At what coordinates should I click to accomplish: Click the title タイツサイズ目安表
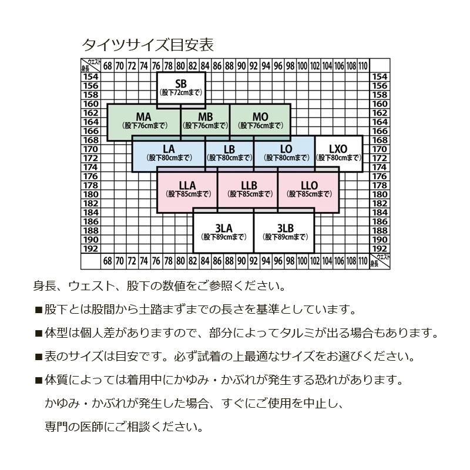pos(148,45)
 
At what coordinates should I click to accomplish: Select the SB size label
pos(181,83)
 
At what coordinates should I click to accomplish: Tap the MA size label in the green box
pos(143,116)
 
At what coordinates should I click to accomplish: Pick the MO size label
pos(260,116)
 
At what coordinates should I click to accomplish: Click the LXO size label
pos(338,149)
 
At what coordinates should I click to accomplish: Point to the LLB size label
pos(249,186)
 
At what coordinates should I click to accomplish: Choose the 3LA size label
pos(224,229)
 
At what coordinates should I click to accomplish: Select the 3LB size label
pos(285,229)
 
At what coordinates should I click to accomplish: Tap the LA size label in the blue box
pos(169,149)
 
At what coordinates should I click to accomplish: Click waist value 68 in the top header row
pos(108,66)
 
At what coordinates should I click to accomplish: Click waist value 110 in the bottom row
pos(363,261)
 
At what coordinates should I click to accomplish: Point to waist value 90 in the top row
pos(241,66)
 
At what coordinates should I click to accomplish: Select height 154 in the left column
pos(90,77)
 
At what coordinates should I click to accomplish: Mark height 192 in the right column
pos(380,249)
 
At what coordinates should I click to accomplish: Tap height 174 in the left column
pos(90,167)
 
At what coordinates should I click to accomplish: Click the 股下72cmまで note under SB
pos(181,93)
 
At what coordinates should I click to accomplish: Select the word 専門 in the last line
pos(56,427)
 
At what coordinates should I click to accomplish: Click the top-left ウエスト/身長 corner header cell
pos(91,66)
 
